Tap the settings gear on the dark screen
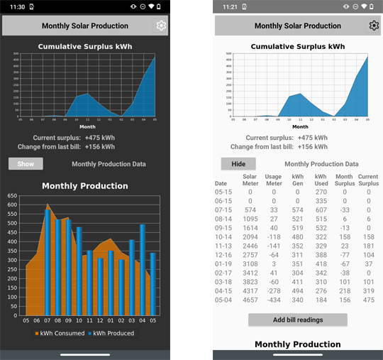pos(161,26)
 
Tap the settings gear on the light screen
pos(374,26)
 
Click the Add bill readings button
pos(298,320)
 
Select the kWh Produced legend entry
pos(110,333)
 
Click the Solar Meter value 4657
pos(250,300)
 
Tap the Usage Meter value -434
pos(273,300)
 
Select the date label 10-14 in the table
pos(223,236)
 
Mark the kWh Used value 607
pos(321,209)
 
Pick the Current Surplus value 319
pos(368,291)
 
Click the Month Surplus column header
pos(344,180)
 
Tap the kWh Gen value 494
pos(298,291)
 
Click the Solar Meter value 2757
pos(250,255)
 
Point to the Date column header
pos(221,183)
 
